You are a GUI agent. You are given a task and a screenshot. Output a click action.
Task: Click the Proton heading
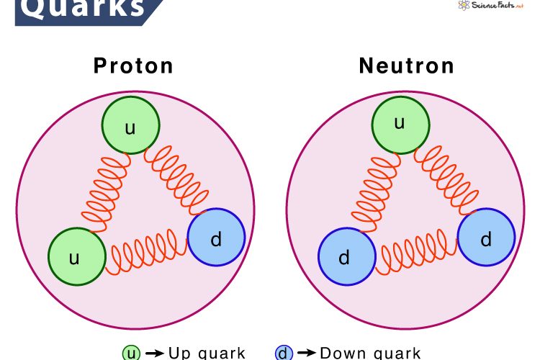pos(134,66)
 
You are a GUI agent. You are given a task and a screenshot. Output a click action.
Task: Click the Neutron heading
pos(407,66)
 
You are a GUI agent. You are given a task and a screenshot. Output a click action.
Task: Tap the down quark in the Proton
pos(216,238)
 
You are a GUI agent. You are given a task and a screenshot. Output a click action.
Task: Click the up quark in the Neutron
pos(400,124)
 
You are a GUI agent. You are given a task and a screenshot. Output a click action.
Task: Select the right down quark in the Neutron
pos(486,238)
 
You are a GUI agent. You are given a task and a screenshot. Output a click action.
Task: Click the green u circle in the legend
pos(130,354)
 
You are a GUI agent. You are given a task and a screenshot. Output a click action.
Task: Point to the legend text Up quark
pos(207,354)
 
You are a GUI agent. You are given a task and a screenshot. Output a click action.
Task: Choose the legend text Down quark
pos(370,354)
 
